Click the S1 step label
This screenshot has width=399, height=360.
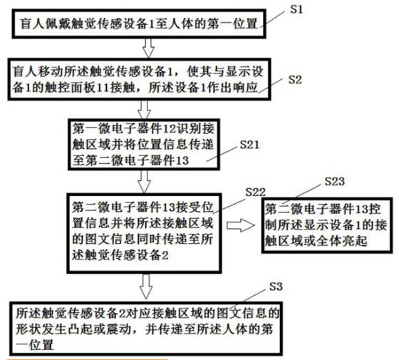point(296,10)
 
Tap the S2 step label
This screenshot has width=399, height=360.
point(295,80)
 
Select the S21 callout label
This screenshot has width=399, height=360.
point(249,145)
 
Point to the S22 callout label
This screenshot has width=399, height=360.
point(256,192)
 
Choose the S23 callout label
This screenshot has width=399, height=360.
point(335,181)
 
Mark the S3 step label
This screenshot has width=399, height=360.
point(276,287)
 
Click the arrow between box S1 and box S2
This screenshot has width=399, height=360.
point(148,48)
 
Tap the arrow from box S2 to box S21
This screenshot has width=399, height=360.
point(144,110)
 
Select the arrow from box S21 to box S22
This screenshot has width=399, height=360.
point(144,181)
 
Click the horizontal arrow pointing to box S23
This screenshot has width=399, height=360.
point(241,226)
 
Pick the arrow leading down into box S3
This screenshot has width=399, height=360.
point(146,286)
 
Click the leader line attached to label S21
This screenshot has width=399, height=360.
point(222,154)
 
